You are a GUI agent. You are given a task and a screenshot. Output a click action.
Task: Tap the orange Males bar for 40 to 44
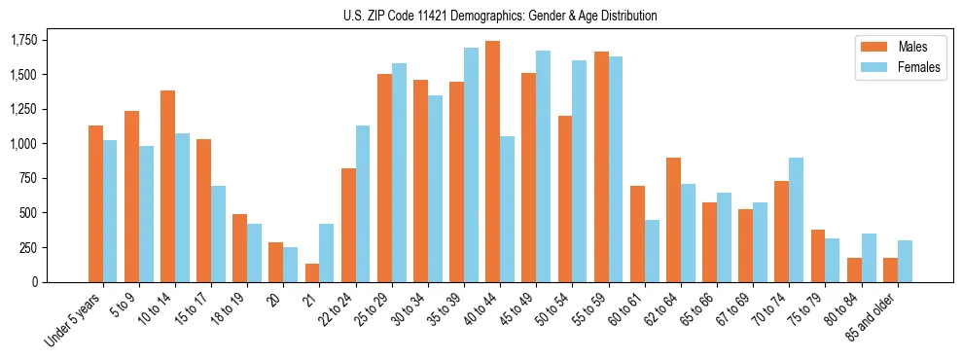tap(492, 162)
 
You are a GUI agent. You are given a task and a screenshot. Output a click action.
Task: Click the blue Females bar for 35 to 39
tap(471, 164)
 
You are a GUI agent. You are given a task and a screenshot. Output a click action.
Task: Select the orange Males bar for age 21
tap(311, 272)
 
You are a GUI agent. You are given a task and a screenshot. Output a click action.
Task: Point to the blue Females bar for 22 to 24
tap(363, 203)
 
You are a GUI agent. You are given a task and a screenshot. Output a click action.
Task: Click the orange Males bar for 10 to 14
tap(167, 186)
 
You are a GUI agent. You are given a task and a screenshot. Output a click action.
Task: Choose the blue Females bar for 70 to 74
tap(796, 220)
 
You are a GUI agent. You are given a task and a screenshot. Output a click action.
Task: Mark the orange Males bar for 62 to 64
tap(673, 220)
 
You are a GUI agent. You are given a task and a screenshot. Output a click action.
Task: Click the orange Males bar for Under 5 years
tap(95, 203)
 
